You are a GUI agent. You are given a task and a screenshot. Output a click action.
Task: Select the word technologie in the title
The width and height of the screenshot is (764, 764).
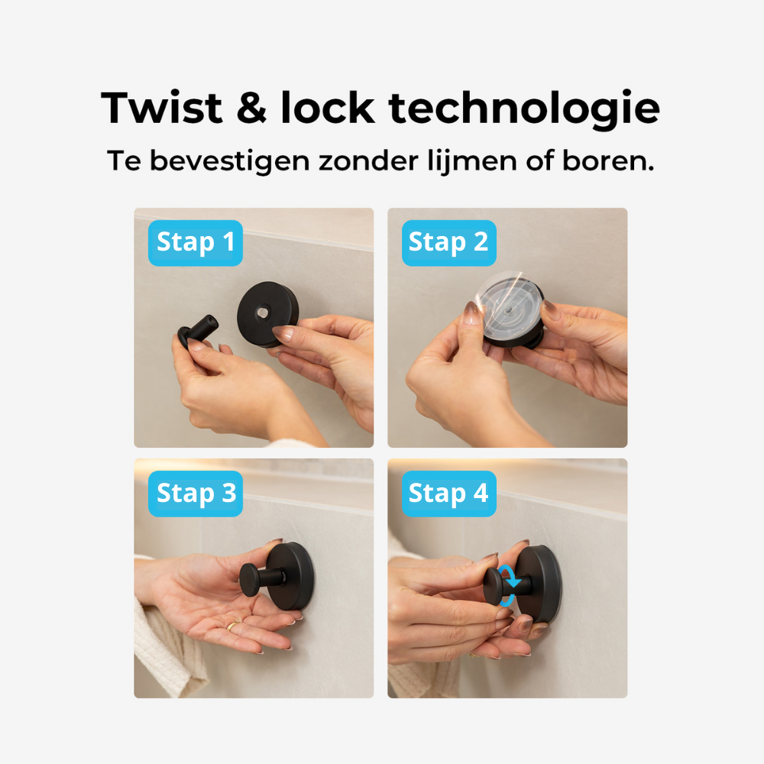click(x=525, y=109)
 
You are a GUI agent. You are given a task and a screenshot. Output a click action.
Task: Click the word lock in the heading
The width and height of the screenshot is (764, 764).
click(x=328, y=108)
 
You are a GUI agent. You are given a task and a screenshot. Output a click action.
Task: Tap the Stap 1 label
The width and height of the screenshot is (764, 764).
click(x=196, y=242)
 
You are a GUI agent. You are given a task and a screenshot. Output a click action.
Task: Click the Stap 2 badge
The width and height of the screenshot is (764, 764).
click(x=448, y=242)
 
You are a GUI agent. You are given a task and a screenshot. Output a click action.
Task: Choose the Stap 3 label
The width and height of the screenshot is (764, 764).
click(x=196, y=494)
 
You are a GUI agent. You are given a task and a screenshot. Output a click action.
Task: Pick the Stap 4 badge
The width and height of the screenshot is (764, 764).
click(x=448, y=494)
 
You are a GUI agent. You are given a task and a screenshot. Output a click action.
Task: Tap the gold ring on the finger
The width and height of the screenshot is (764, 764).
click(x=231, y=626)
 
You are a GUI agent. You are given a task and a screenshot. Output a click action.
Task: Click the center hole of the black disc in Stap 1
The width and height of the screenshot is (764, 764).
click(x=263, y=312)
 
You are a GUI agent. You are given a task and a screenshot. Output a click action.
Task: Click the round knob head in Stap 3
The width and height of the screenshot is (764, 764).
click(x=251, y=581)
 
